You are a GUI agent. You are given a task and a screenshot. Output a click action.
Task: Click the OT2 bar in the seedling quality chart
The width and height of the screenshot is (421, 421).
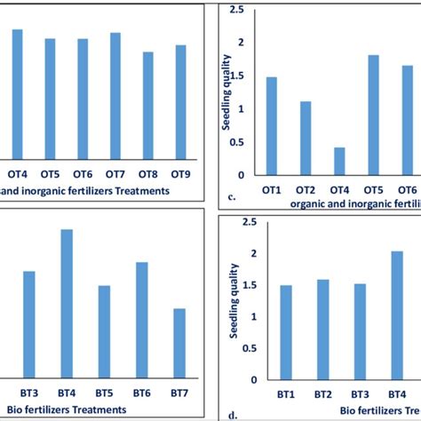tap(306, 139)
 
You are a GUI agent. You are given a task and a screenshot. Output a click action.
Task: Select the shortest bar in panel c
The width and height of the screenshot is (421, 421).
tap(339, 161)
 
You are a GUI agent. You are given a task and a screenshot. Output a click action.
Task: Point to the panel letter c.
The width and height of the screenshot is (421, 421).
tap(231, 197)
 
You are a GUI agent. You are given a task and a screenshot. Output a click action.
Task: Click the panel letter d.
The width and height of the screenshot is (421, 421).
tap(231, 414)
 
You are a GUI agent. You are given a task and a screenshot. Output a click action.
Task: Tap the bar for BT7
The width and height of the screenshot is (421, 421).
tap(180, 344)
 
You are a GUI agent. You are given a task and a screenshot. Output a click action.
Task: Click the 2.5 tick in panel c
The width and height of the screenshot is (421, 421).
tap(237, 11)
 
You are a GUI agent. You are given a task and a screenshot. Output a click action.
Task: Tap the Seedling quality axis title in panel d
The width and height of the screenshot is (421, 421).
tap(234, 298)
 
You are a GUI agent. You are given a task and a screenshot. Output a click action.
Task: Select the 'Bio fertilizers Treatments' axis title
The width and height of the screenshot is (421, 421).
tap(65, 409)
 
